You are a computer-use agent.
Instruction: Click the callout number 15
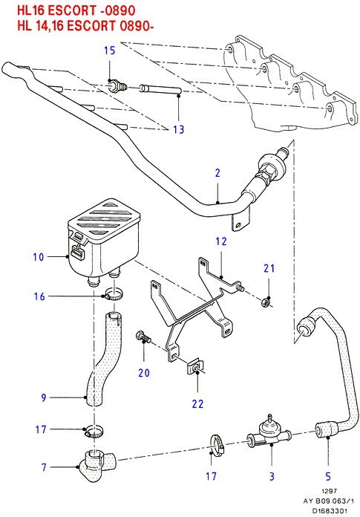click(110, 51)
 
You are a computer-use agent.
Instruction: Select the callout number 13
click(179, 129)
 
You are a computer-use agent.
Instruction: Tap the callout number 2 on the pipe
click(217, 173)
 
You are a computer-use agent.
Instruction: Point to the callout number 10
click(39, 257)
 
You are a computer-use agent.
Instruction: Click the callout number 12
click(221, 241)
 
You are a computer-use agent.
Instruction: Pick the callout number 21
click(269, 268)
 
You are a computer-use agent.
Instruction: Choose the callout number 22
click(197, 404)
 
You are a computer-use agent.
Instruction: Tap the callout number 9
click(44, 397)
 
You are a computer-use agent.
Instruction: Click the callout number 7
click(44, 467)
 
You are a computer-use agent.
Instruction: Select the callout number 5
click(328, 476)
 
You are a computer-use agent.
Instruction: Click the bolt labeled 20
click(143, 337)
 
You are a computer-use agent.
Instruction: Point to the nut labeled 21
click(266, 302)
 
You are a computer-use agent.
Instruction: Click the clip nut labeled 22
click(195, 366)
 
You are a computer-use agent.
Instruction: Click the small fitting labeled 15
click(117, 86)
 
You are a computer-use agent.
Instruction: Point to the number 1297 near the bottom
click(329, 491)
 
